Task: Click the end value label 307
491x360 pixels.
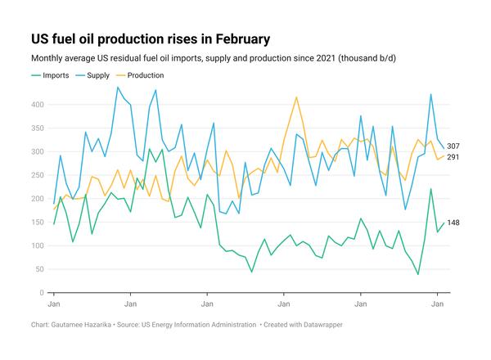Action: tap(453, 146)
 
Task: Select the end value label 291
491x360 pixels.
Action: tap(453, 156)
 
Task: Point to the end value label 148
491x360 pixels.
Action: tap(453, 223)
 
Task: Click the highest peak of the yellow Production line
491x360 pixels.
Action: tap(295, 97)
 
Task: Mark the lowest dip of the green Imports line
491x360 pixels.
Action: tap(417, 274)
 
